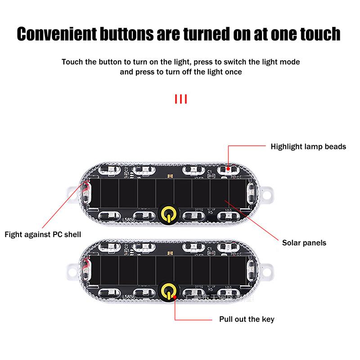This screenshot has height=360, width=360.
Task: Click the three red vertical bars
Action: click(180, 99)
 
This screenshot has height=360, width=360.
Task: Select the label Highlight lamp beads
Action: click(308, 147)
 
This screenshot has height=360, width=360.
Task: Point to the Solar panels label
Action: click(304, 243)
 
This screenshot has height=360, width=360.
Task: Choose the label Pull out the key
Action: click(247, 319)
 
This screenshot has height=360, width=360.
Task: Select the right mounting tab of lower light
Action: click(269, 271)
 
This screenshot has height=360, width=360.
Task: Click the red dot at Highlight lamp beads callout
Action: click(228, 169)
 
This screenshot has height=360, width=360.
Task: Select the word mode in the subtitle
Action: click(290, 61)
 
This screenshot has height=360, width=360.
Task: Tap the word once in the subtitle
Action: click(233, 72)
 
